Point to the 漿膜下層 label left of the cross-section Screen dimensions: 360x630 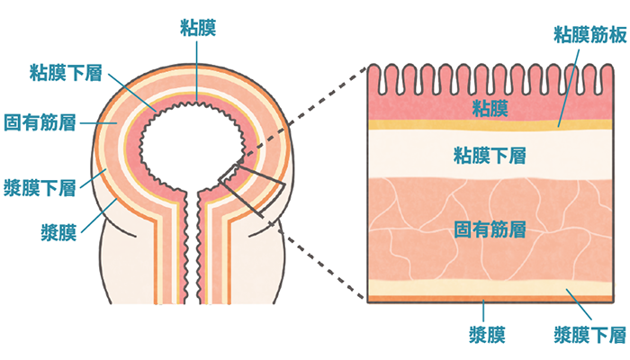pos(40,186)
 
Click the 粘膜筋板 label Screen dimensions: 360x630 pos(589,35)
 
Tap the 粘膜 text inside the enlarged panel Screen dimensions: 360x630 pos(490,109)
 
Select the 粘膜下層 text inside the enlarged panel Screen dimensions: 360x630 pos(490,157)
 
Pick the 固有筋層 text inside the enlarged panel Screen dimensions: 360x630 pos(490,229)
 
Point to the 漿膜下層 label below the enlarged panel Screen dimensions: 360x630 pos(590,336)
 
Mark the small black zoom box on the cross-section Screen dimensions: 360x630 pos(252,189)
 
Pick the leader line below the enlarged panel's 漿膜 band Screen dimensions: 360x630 pos(484,313)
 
